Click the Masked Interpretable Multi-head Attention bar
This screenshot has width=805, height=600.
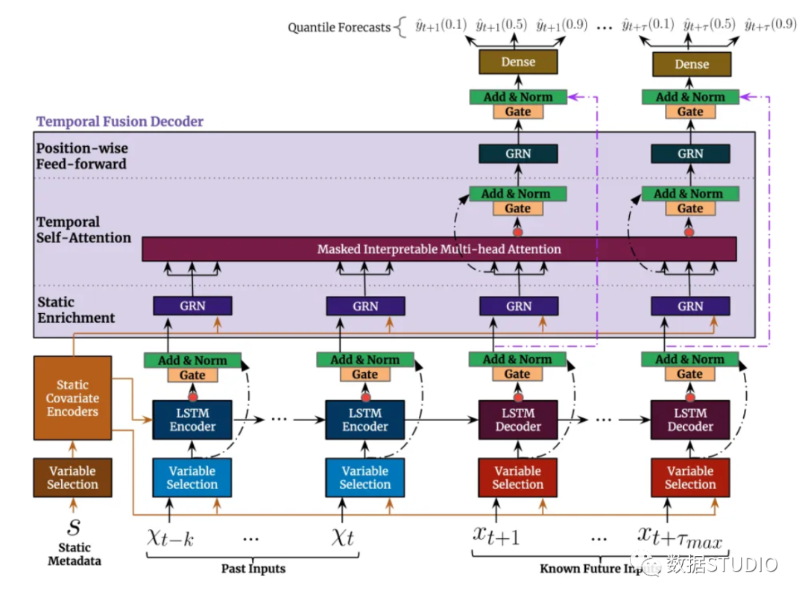click(439, 249)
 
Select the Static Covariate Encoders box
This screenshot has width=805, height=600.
click(72, 398)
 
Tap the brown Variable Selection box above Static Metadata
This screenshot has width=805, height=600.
click(72, 478)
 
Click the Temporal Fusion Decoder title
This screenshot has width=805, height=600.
click(120, 121)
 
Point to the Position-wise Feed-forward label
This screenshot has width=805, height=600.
click(82, 156)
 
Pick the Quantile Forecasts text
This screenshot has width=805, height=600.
click(339, 28)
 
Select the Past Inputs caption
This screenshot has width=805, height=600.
click(253, 569)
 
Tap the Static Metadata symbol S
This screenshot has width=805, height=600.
click(74, 528)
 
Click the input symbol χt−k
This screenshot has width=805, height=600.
click(170, 537)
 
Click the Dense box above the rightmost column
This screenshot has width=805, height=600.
click(691, 64)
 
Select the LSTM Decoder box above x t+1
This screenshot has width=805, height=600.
click(518, 420)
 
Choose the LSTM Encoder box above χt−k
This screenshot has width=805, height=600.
click(192, 420)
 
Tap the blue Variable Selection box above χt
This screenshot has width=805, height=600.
click(364, 478)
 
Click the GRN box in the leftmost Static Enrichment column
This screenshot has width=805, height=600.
click(192, 306)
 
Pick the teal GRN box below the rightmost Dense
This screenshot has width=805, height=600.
click(690, 154)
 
